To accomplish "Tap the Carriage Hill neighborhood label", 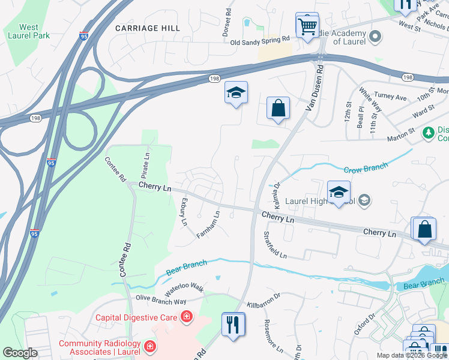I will click(x=147, y=28).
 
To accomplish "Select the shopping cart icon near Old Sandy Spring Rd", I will click(x=307, y=26).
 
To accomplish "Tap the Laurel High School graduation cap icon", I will click(x=339, y=193).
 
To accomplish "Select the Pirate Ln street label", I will click(x=145, y=163).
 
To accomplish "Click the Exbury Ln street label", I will click(x=184, y=212).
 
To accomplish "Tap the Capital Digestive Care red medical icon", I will click(x=187, y=316).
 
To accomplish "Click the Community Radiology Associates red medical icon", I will click(x=149, y=346).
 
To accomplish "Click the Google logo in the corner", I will click(x=20, y=353).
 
